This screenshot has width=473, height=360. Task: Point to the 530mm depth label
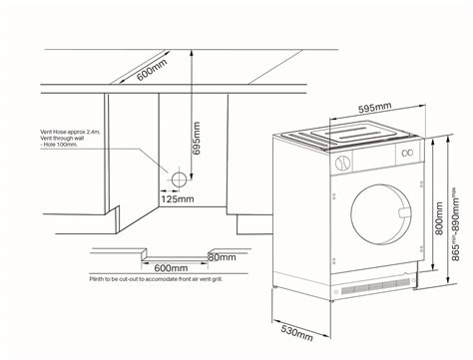[291, 330]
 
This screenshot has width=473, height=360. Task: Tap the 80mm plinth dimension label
[222, 257]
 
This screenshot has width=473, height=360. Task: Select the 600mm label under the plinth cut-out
[171, 268]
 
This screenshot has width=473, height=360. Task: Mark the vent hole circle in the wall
[180, 180]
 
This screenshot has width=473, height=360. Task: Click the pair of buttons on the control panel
[405, 155]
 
